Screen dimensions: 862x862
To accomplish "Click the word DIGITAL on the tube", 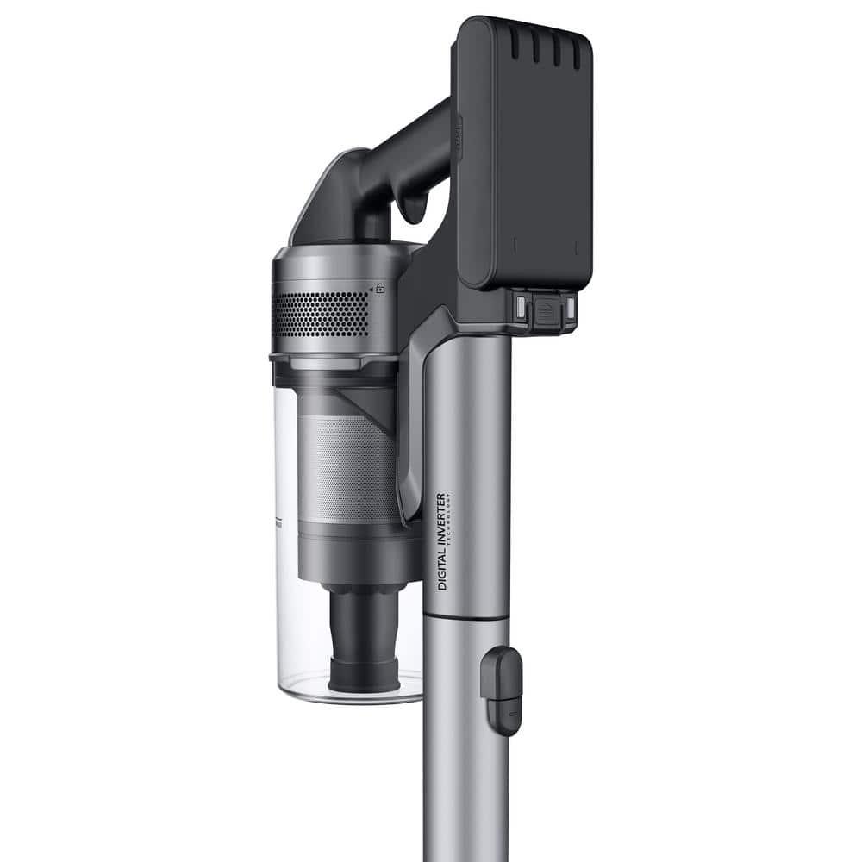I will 442,572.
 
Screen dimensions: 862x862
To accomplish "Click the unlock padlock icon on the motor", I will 379,289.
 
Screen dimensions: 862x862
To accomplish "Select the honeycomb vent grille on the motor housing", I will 322,314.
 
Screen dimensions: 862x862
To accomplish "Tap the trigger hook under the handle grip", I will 414,207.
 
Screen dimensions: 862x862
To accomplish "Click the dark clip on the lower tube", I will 501,690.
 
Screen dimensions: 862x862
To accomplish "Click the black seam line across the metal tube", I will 466,617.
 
